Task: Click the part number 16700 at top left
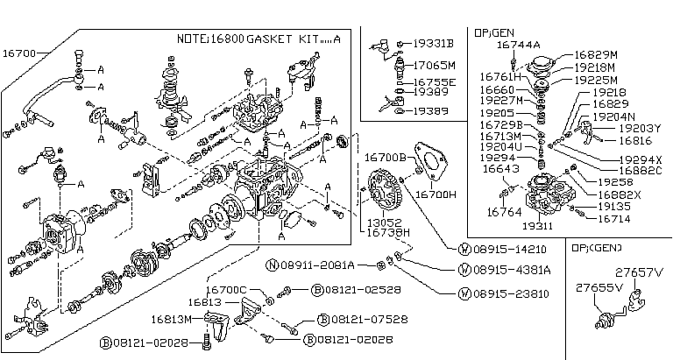pos(19,53)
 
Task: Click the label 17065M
pos(436,65)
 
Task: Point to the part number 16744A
pos(518,44)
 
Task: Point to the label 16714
pos(614,218)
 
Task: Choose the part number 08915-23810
pos(499,294)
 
